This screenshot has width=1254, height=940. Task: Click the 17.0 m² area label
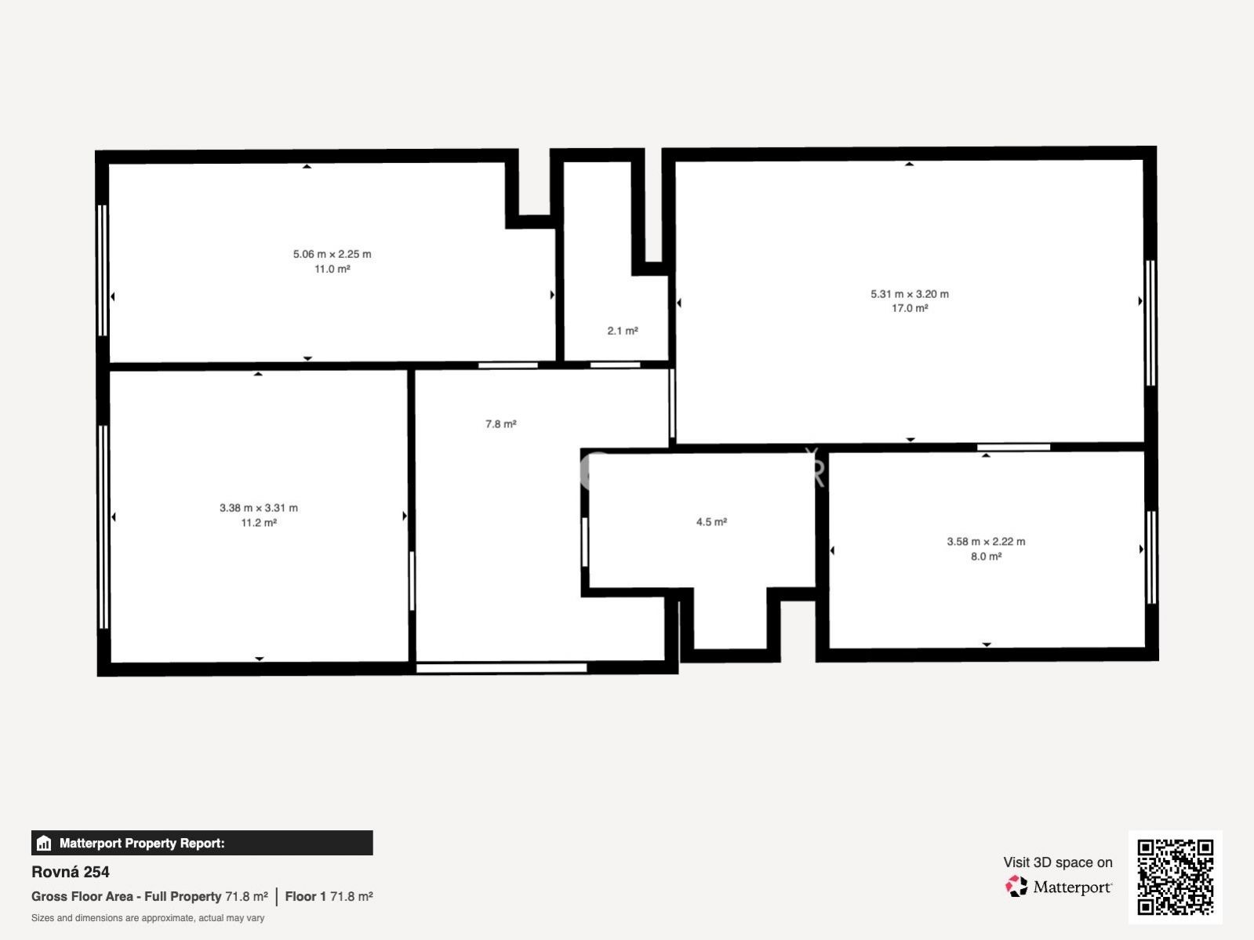click(x=910, y=308)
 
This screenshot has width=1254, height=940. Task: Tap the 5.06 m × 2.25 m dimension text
click(x=332, y=254)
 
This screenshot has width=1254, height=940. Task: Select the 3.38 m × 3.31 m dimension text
click(x=258, y=508)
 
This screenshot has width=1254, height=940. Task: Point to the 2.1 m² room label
click(x=622, y=331)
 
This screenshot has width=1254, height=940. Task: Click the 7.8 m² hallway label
click(x=500, y=423)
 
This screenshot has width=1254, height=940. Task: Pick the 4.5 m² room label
click(x=711, y=521)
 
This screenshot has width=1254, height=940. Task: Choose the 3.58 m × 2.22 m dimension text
click(x=986, y=542)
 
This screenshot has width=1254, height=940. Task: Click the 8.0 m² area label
click(x=986, y=556)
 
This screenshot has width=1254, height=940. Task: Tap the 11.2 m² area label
click(x=258, y=523)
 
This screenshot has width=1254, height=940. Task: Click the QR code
click(x=1175, y=876)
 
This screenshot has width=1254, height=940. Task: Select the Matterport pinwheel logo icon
click(x=1016, y=887)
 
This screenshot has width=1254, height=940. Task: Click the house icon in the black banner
click(x=44, y=843)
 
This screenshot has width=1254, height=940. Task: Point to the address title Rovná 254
click(x=71, y=872)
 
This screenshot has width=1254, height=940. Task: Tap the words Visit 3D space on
click(x=1057, y=862)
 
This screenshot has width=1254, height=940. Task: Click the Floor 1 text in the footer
click(x=305, y=897)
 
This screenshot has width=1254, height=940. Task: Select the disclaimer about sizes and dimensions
click(x=147, y=918)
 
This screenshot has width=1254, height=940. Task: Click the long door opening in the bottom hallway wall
click(x=502, y=668)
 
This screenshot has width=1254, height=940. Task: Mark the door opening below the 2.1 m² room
click(x=615, y=365)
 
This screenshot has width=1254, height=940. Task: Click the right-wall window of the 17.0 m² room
click(x=1150, y=323)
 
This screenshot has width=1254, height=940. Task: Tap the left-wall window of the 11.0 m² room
click(x=103, y=270)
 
